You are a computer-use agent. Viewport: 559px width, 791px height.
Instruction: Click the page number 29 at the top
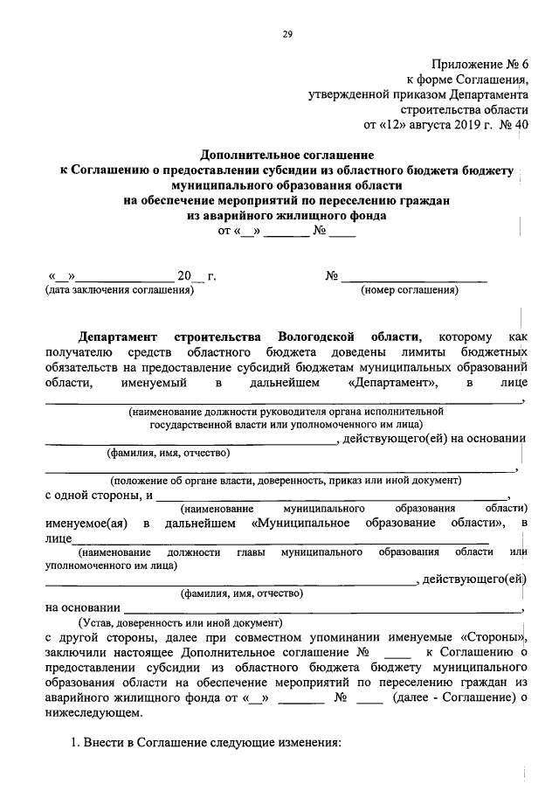coord(286,34)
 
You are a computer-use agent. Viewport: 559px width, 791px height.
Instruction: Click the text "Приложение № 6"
coord(480,64)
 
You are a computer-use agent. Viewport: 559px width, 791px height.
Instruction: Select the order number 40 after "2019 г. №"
coord(521,124)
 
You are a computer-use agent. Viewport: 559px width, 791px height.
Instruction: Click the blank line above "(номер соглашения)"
coord(413,280)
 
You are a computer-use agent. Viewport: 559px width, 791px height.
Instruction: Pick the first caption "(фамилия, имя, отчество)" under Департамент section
coord(169,454)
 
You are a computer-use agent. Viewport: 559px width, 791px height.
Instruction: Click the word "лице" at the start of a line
coord(59,539)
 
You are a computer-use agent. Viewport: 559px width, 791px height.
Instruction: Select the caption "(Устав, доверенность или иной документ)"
coord(181,623)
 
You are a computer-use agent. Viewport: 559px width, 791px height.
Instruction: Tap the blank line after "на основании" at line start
coord(323,609)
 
